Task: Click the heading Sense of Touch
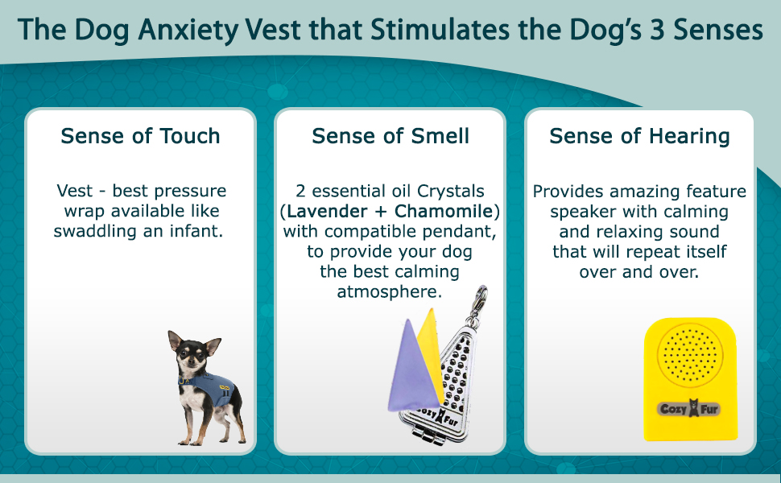[140, 136]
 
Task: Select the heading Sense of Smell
[390, 136]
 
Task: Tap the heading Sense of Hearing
[639, 136]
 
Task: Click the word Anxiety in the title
[188, 30]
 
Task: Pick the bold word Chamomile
[444, 211]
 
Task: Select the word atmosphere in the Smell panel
[389, 291]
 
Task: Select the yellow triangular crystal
[432, 349]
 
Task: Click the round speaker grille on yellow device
[690, 355]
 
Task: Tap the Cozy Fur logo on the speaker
[690, 409]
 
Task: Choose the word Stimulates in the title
[440, 30]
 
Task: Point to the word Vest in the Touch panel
[75, 191]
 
